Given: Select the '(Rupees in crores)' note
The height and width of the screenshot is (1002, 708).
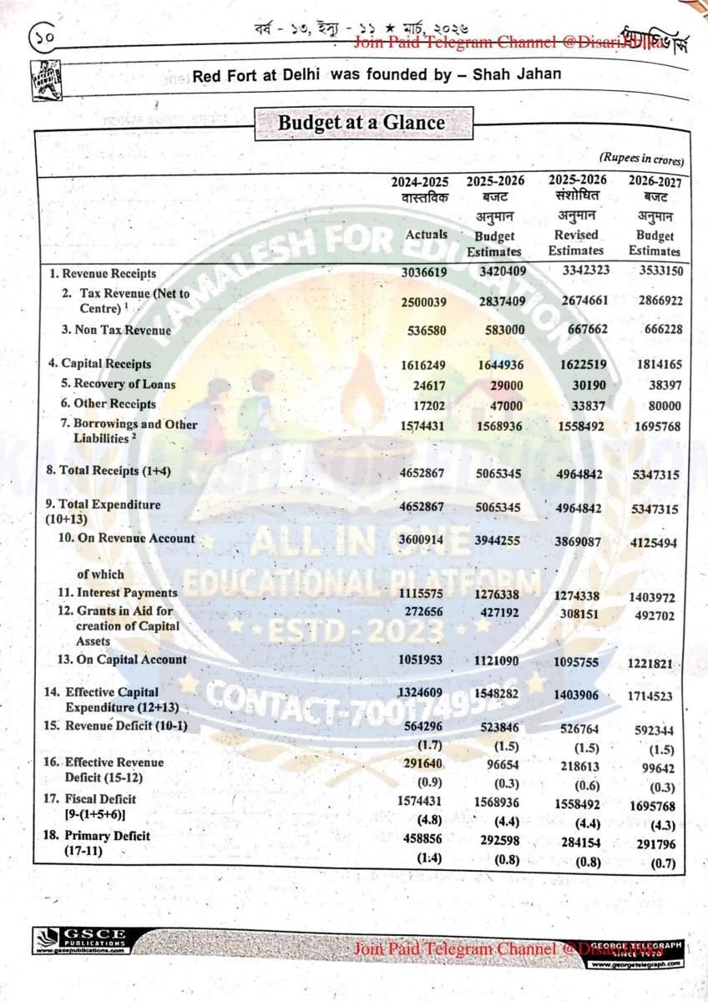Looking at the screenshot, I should [641, 159].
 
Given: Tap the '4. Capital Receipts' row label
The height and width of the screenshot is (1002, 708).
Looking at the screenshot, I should [99, 364].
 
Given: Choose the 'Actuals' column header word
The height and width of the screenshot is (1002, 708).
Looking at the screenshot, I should [426, 235].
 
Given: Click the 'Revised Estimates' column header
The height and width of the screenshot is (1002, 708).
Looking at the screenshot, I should [576, 243].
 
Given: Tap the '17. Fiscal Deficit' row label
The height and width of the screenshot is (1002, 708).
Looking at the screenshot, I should [89, 799].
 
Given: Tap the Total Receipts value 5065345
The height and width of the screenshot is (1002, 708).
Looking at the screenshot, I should [495, 473].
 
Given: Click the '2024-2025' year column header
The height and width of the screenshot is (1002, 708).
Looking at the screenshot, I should [420, 181].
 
